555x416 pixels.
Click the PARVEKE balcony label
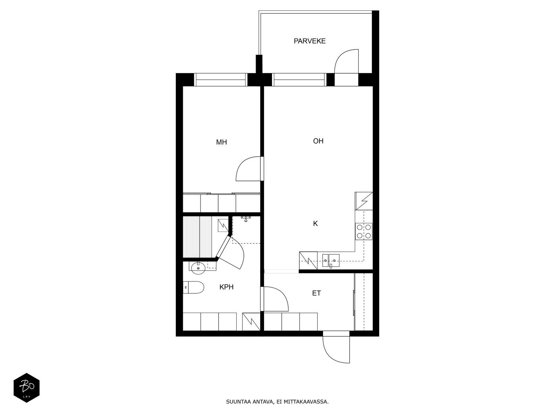pos(309,41)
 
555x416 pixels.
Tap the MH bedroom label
pos(221,142)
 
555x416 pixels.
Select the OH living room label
pos(318,141)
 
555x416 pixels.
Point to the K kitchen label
pos(315,224)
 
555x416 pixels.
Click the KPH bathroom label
pos(226,287)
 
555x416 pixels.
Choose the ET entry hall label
pos(317,293)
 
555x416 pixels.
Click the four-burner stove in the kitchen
pos(364,231)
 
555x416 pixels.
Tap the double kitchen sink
pos(331,260)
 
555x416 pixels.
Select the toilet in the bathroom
pos(194,287)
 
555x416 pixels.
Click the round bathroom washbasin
pos(198,268)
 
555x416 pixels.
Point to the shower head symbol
pos(246,219)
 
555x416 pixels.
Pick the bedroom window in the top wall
pos(221,80)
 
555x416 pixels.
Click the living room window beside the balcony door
pos(299,80)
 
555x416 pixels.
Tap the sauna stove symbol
pos(223,225)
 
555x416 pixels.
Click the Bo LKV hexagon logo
pos(27,388)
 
